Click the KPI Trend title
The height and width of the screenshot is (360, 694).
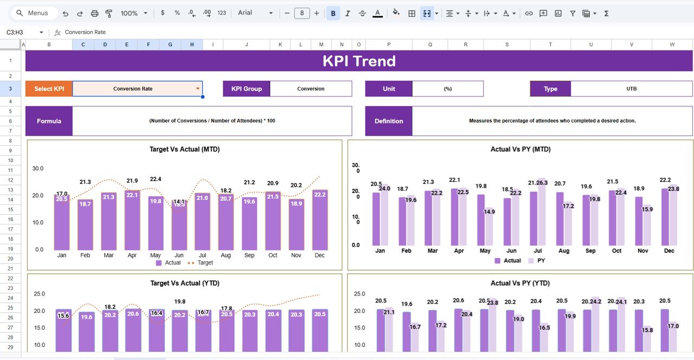pyautogui.click(x=359, y=61)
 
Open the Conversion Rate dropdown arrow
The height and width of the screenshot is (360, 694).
pyautogui.click(x=198, y=89)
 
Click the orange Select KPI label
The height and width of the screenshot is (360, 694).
pyautogui.click(x=49, y=89)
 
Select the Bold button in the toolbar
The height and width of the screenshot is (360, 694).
pyautogui.click(x=333, y=13)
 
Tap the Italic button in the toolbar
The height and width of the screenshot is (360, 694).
pyautogui.click(x=348, y=13)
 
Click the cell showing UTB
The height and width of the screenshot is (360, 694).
pyautogui.click(x=631, y=89)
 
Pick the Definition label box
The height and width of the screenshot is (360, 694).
pyautogui.click(x=388, y=121)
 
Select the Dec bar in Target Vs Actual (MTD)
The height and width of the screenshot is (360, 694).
pyautogui.click(x=319, y=220)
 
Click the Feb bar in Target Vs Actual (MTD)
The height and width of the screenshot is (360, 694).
pyautogui.click(x=85, y=224)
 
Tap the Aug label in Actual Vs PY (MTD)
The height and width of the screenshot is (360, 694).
pyautogui.click(x=564, y=251)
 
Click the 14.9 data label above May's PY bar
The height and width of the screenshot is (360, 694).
pyautogui.click(x=489, y=212)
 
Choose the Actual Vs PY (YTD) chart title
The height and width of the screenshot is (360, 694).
pyautogui.click(x=520, y=283)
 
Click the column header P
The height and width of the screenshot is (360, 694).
pyautogui.click(x=388, y=44)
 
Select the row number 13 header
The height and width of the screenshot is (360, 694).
pyautogui.click(x=11, y=190)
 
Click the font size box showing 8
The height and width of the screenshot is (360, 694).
pyautogui.click(x=302, y=13)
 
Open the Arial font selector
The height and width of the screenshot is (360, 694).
pyautogui.click(x=255, y=13)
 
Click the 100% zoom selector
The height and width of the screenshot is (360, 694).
pyautogui.click(x=133, y=13)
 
